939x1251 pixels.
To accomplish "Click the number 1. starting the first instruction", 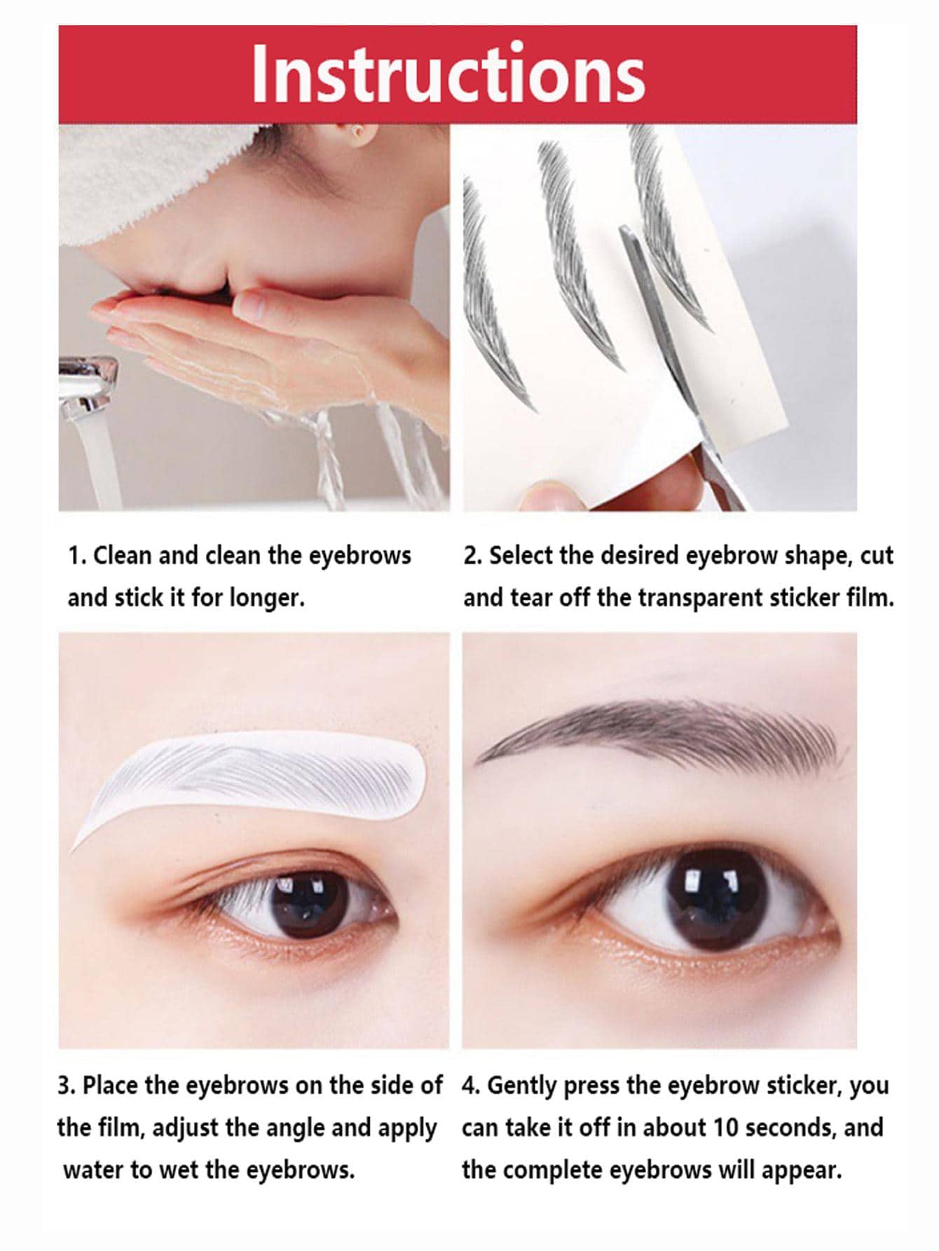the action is coord(77,555).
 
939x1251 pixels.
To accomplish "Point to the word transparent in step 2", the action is coord(701,599).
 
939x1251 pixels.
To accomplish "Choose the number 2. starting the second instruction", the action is coord(473,555).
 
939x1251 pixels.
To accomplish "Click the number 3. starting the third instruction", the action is coord(67,1085).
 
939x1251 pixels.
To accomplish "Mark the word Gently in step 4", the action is coord(522,1086).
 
